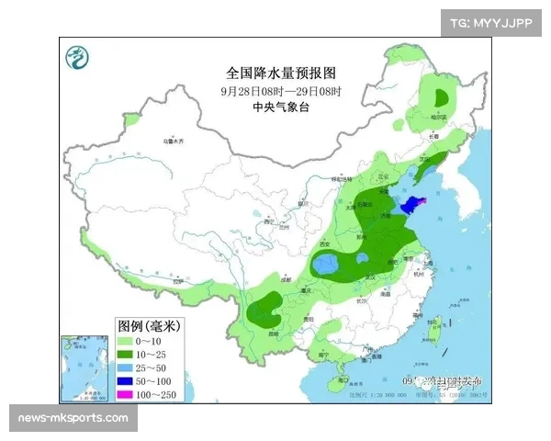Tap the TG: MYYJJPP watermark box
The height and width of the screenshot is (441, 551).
(491, 24)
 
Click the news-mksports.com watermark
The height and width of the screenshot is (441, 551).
(73, 419)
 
